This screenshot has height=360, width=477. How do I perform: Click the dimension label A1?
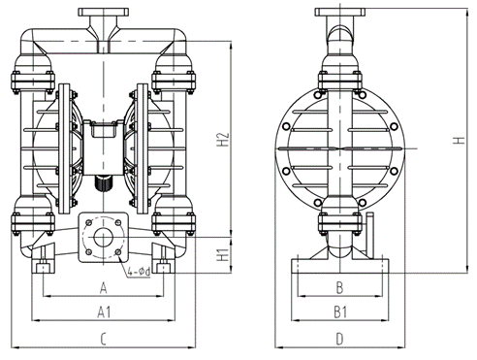coord(103,311)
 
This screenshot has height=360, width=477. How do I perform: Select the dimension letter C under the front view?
coord(103,338)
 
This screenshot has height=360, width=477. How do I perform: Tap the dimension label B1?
coord(338,311)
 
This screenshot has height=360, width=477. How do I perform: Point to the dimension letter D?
coord(338,338)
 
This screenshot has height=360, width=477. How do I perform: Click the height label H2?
coord(222,139)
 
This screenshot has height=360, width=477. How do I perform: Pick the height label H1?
coord(222,255)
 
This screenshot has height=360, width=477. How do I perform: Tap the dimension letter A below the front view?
coord(103,287)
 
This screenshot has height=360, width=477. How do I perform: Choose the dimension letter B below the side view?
coord(338,287)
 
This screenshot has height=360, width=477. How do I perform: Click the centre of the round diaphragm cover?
coord(338,146)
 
